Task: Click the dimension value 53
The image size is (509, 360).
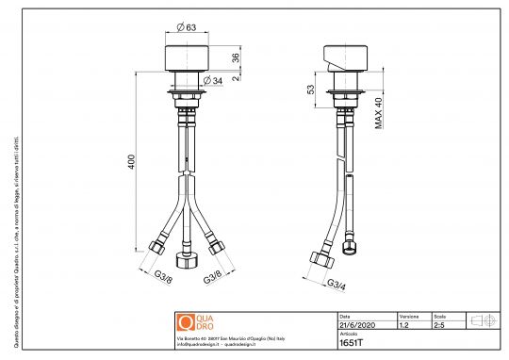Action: pos(310,90)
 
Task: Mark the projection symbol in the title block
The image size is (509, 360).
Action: pos(483,320)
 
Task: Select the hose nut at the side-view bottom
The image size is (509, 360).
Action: pos(319,259)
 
